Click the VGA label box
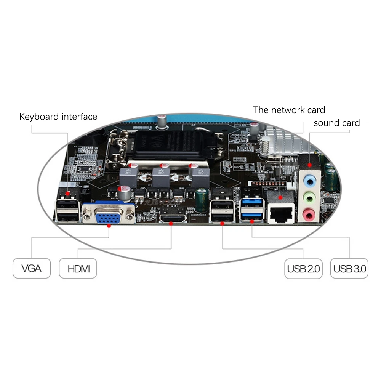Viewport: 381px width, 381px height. pos(31,268)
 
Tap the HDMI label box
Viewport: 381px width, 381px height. pos(78,268)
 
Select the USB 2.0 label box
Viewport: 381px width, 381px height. pos(303,268)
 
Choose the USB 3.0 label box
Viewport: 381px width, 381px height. pos(349,268)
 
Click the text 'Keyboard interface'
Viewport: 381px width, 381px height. pos(58,117)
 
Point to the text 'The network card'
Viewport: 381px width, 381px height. pos(289,110)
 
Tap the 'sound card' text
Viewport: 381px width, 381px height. pos(337,123)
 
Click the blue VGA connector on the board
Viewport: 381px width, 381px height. pos(109,216)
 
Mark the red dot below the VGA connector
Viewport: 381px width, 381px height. pos(109,226)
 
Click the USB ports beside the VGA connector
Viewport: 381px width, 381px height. pos(68,211)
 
